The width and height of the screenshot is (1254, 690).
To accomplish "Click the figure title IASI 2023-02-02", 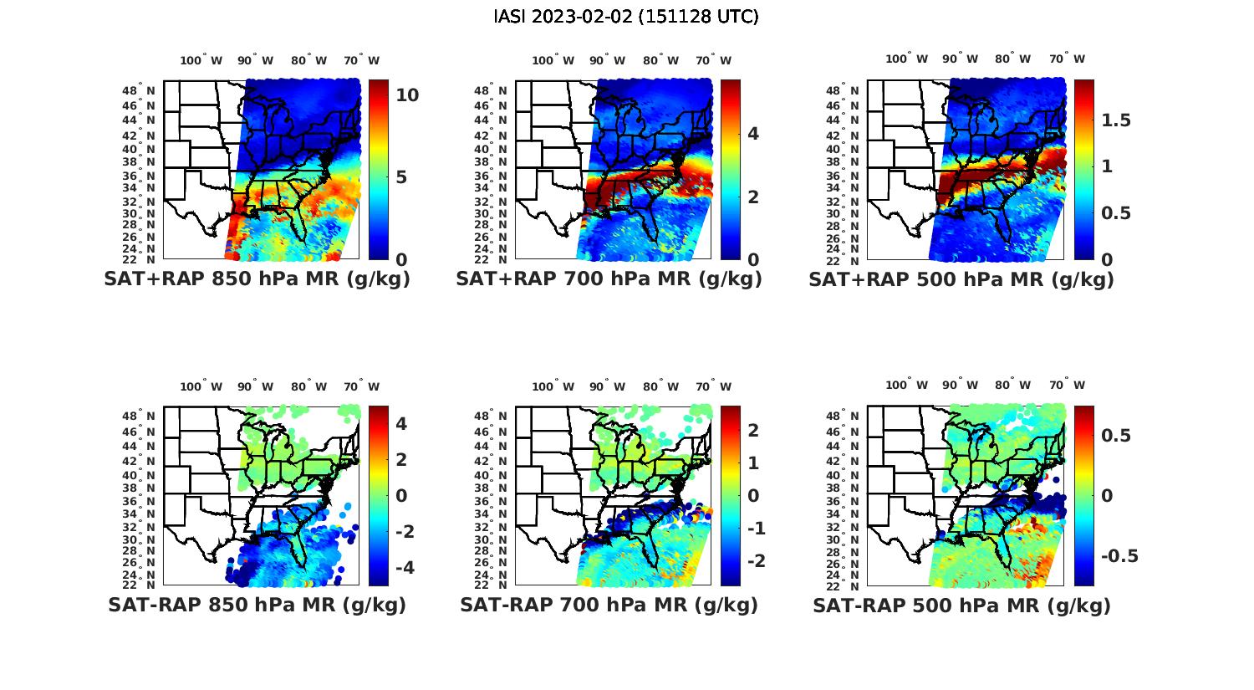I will pos(626,17).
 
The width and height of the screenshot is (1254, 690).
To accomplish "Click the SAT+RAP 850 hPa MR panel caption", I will pos(257,279).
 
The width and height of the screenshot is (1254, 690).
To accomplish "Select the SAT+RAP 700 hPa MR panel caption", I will pos(609,279).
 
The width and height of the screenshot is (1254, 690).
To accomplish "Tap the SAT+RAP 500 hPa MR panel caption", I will pos(961,279).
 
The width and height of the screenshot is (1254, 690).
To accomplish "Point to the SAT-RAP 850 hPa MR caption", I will pos(257,605).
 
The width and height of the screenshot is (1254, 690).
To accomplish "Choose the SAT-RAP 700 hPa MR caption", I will pos(609,605).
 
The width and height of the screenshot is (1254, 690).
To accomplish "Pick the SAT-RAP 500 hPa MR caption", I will pos(961,606).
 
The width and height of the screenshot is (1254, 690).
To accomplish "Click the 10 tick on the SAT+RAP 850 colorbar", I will pos(407,95).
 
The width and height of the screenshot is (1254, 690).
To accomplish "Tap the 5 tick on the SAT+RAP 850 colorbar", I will pos(401,177).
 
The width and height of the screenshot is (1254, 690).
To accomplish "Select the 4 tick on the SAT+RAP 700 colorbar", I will pos(753,133).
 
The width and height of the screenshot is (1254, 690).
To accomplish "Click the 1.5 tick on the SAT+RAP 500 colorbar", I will pos(1116,120).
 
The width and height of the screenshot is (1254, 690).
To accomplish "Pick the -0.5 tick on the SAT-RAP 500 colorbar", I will pos(1119,556).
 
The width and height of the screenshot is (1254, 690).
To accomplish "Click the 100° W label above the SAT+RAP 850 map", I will pos(201,60).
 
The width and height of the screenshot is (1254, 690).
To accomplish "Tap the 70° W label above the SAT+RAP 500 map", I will pos(1067,59).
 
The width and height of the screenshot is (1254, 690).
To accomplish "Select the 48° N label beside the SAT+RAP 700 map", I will pos(491,91).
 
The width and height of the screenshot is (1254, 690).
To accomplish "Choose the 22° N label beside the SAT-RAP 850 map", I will pos(139,585).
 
